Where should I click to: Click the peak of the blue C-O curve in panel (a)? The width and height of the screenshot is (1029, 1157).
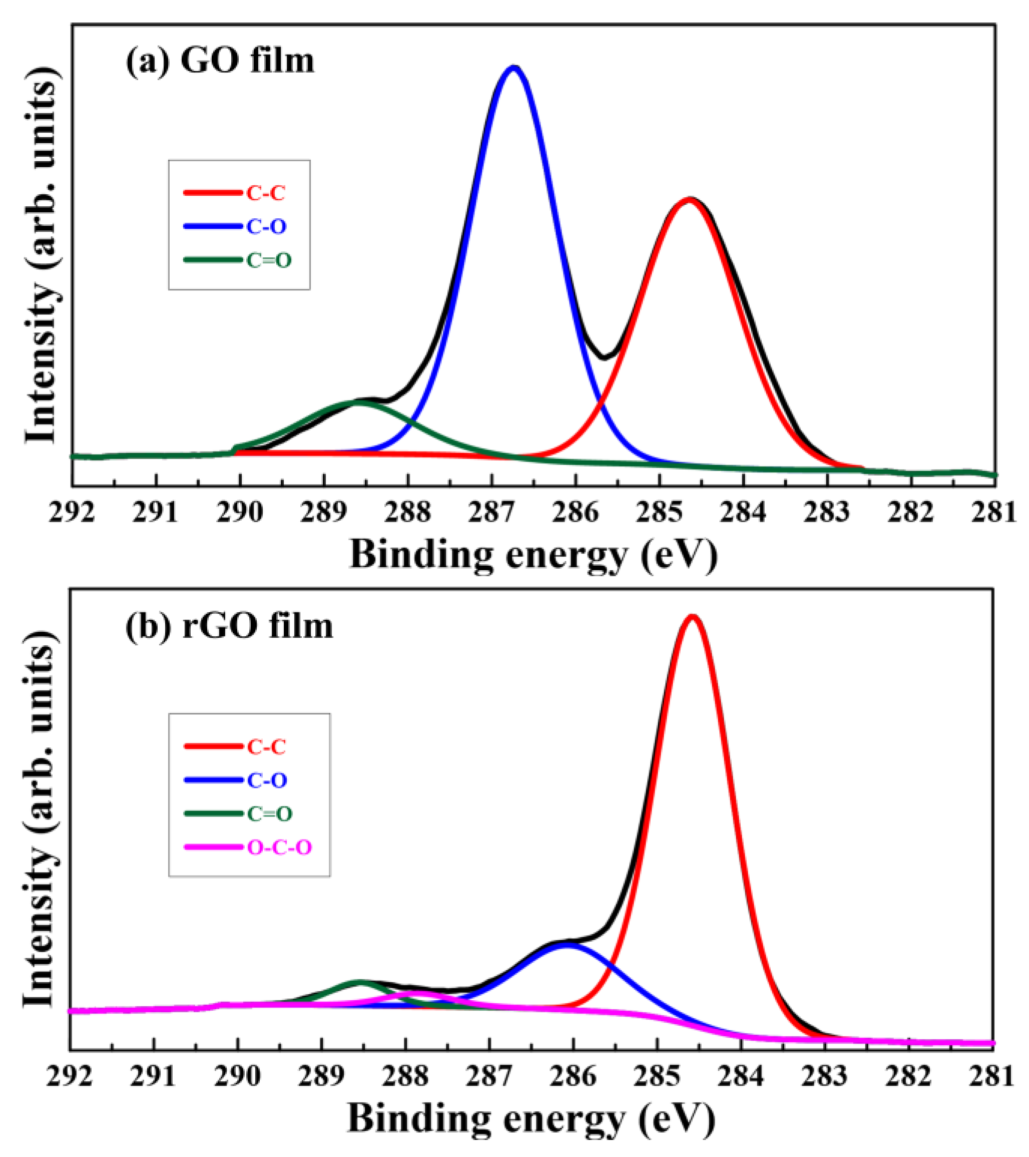point(514,68)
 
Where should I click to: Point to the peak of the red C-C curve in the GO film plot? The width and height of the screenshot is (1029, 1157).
point(688,200)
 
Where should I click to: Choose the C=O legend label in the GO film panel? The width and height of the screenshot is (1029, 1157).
point(269,260)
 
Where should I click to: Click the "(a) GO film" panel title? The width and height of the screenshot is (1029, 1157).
point(220,61)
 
